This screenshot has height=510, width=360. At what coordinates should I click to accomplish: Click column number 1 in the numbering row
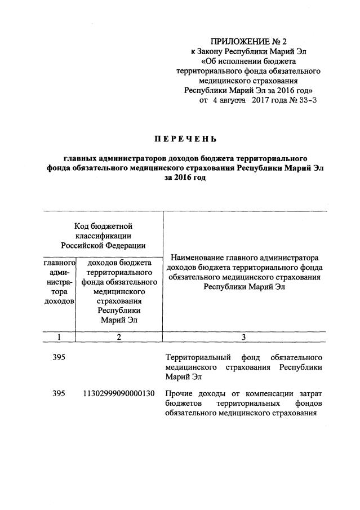pos(59,337)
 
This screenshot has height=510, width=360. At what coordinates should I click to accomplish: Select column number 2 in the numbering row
pos(119,337)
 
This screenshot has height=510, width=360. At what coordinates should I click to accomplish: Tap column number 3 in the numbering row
pos(243,337)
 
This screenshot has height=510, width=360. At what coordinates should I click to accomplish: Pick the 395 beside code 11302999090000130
pos(59,393)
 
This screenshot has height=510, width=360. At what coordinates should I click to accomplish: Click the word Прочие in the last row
pos(179,393)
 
